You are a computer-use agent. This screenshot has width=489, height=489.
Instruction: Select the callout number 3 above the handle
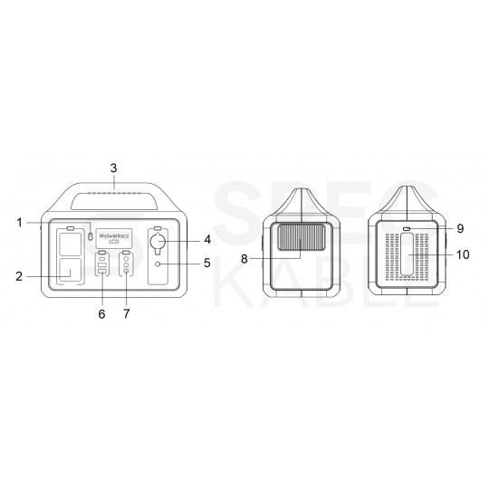pyautogui.click(x=113, y=168)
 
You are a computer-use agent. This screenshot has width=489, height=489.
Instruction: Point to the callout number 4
pyautogui.click(x=207, y=240)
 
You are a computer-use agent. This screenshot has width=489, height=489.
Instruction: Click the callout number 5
pyautogui.click(x=207, y=264)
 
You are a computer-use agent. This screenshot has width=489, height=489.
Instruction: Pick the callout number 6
pyautogui.click(x=101, y=313)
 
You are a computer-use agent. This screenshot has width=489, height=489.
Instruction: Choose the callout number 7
pyautogui.click(x=127, y=313)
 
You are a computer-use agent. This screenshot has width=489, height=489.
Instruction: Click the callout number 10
pyautogui.click(x=463, y=255)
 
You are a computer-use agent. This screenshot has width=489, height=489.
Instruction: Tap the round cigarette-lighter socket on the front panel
pyautogui.click(x=158, y=244)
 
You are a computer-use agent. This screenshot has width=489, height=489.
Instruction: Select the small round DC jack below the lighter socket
pyautogui.click(x=158, y=264)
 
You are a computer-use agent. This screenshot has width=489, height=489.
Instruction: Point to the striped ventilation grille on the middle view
pyautogui.click(x=299, y=240)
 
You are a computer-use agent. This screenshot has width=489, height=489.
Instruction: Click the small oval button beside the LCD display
pyautogui.click(x=91, y=237)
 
